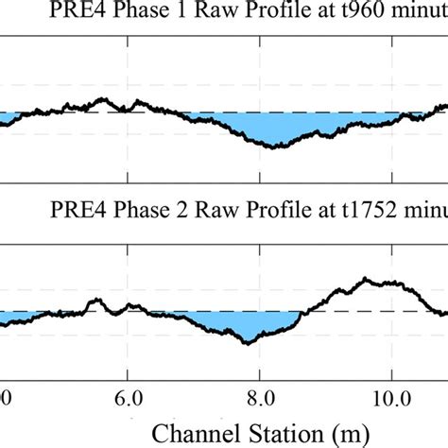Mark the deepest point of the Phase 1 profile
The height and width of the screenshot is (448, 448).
(274, 147)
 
